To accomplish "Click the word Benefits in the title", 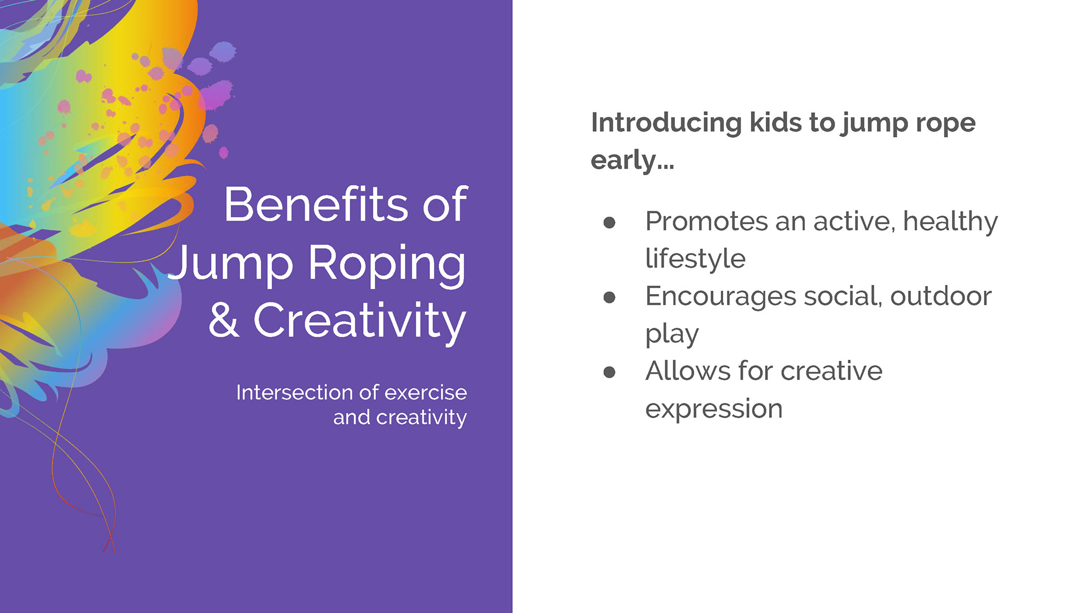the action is tap(316, 204).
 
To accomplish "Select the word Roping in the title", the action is tap(387, 264).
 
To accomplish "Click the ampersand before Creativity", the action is tap(223, 320).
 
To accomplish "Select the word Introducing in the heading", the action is tap(666, 123).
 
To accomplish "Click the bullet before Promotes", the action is tap(609, 222).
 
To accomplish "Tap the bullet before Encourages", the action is tap(609, 297).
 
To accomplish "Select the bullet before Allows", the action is tap(609, 372).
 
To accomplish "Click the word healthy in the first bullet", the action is tap(950, 222).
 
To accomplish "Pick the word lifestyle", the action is tap(695, 259).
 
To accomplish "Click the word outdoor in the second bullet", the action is tap(940, 296).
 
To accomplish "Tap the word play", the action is tap(672, 334).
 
